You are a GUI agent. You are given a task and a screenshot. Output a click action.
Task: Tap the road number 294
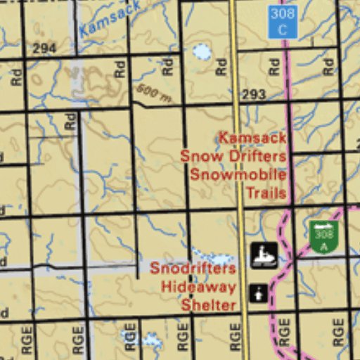click(44, 49)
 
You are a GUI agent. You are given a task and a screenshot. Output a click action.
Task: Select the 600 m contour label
click(154, 93)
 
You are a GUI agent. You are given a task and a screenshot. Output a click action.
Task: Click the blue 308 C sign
click(283, 22)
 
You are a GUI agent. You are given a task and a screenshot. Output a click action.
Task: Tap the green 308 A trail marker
click(323, 236)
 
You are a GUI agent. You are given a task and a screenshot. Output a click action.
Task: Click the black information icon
click(258, 292)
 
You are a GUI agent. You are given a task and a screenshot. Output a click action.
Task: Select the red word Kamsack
click(252, 138)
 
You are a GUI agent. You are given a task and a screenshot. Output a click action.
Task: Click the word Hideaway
click(198, 287)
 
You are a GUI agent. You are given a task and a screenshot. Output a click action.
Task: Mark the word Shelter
click(208, 305)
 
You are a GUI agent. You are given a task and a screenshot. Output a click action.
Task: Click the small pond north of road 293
click(202, 51)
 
